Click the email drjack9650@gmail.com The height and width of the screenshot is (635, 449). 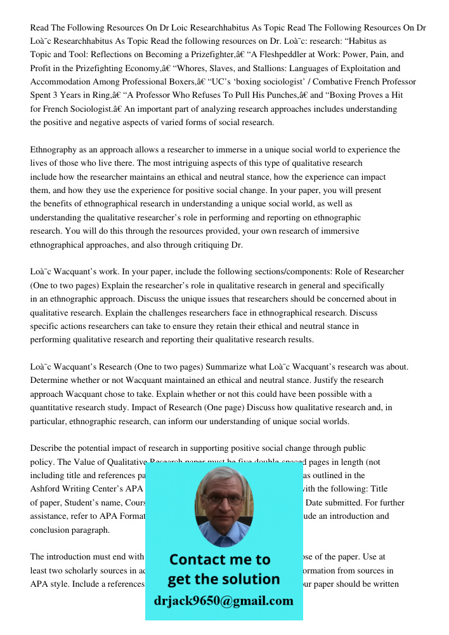point(223,601)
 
